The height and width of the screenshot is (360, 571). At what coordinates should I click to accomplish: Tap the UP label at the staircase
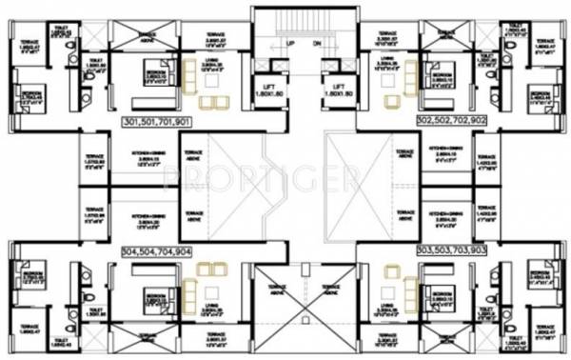pos(290,43)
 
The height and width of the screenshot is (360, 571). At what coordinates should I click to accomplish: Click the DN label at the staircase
pos(317,43)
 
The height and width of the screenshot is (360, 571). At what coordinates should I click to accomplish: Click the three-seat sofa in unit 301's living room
pos(189,75)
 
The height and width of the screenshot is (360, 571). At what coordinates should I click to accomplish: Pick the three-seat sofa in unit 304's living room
pos(190,287)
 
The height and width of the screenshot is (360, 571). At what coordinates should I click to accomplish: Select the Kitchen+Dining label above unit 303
pos(447,210)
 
